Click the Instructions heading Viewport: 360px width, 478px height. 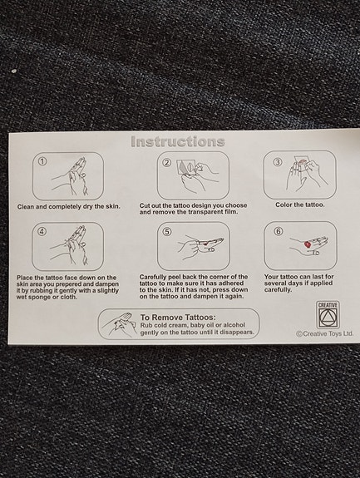pyautogui.click(x=178, y=142)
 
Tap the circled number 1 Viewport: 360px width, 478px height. pyautogui.click(x=42, y=161)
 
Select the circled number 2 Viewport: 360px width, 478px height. pyautogui.click(x=167, y=162)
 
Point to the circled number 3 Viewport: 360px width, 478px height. pyautogui.click(x=278, y=162)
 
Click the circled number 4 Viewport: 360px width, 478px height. pyautogui.click(x=42, y=232)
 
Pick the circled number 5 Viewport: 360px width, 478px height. pyautogui.click(x=167, y=232)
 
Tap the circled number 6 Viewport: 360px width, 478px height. pyautogui.click(x=279, y=231)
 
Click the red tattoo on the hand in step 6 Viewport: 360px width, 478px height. pyautogui.click(x=308, y=244)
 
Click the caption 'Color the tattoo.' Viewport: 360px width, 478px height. pyautogui.click(x=300, y=205)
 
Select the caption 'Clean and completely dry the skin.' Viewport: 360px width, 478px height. pyautogui.click(x=68, y=207)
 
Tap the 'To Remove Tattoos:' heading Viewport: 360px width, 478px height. pyautogui.click(x=178, y=318)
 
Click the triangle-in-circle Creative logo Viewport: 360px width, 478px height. pyautogui.click(x=328, y=317)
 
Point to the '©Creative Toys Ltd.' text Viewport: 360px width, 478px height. pyautogui.click(x=324, y=333)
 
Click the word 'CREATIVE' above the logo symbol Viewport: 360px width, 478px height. pyautogui.click(x=328, y=305)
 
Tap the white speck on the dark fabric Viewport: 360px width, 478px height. pyautogui.click(x=14, y=71)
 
